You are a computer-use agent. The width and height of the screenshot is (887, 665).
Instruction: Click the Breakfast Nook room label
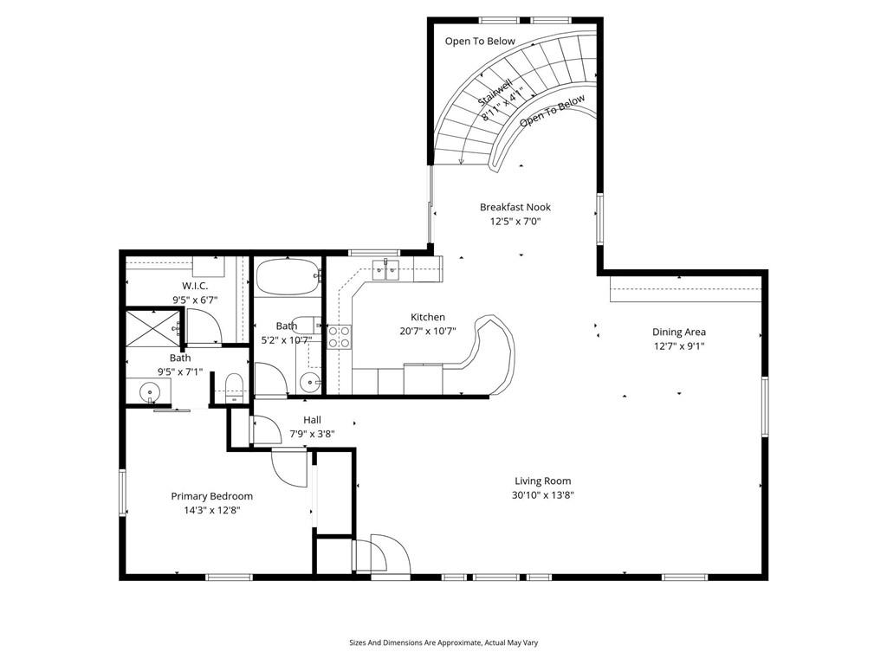pos(515,207)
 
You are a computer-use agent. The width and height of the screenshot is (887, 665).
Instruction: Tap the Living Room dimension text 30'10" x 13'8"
pos(543,495)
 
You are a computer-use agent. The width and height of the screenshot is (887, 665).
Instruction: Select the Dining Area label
pos(679,332)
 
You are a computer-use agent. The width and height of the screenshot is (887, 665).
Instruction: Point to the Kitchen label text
pos(428,317)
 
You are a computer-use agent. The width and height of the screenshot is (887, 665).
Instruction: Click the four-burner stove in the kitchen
pos(340,337)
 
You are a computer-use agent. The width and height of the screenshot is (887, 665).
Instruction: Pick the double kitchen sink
pos(385,269)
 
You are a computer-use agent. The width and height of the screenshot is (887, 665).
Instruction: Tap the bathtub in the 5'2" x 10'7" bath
pos(288,276)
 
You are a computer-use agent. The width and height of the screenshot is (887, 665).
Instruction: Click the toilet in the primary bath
pos(234,388)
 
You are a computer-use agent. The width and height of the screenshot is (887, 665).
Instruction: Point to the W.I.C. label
pos(195,286)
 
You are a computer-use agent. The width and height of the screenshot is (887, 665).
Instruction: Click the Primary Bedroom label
pos(211,496)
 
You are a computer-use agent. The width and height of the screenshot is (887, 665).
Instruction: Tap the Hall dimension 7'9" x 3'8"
pos(312,435)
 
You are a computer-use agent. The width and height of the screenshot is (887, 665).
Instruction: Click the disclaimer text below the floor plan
pos(443,642)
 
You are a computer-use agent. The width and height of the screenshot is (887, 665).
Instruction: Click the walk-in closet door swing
pos(204,326)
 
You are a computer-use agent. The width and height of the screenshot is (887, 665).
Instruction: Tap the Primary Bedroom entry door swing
pos(289,467)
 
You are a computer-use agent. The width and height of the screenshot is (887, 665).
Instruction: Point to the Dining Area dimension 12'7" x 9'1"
pos(679,346)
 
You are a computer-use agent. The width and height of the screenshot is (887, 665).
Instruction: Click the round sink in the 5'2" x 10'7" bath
pos(308,382)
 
